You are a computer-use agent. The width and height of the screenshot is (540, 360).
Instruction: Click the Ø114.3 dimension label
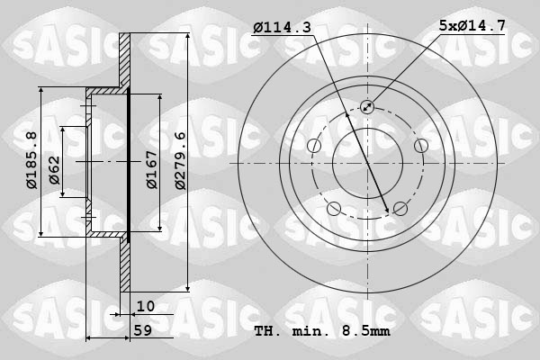[282, 28]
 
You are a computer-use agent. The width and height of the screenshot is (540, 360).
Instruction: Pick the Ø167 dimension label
[153, 168]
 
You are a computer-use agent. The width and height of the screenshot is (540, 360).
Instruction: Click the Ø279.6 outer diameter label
[180, 161]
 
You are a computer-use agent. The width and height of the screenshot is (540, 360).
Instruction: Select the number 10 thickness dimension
[145, 306]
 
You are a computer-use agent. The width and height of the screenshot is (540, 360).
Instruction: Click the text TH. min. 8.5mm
[321, 331]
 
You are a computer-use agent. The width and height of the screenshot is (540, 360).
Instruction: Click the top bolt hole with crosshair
[367, 107]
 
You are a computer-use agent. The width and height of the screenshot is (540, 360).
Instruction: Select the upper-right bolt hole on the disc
[420, 146]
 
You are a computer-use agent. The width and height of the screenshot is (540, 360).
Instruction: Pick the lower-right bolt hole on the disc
[400, 209]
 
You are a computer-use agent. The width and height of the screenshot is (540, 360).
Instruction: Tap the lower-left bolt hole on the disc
[334, 209]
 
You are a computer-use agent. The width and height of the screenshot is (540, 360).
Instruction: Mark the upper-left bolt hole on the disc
[314, 146]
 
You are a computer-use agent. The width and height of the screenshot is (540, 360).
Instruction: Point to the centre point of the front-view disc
[367, 163]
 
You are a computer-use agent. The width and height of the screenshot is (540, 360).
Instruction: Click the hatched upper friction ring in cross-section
[125, 61]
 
